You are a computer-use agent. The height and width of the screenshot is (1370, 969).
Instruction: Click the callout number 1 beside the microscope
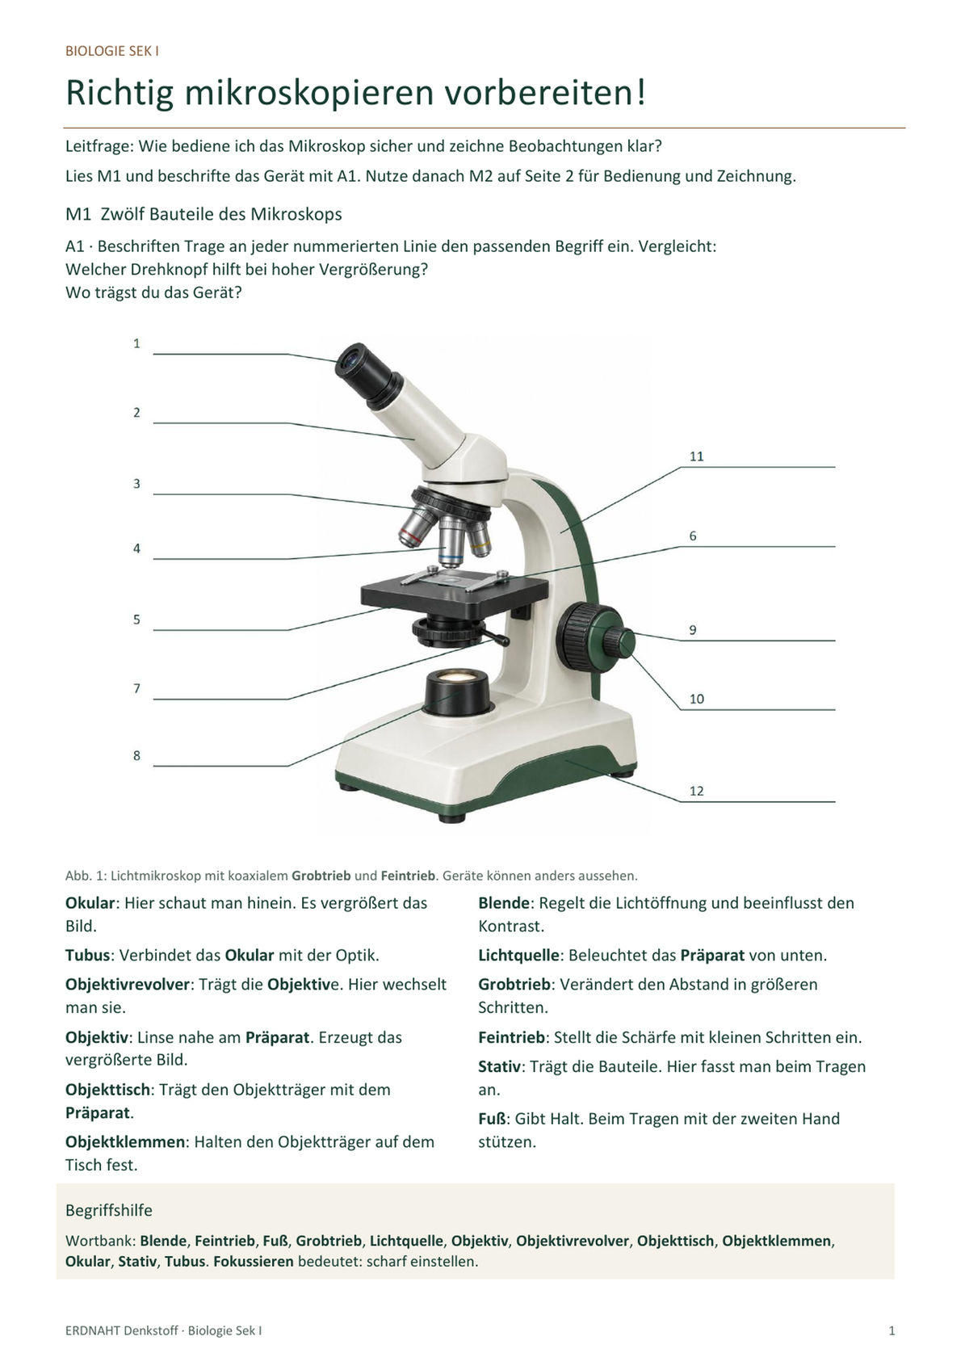pos(137,344)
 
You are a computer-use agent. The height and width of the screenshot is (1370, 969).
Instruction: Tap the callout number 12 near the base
pos(696,791)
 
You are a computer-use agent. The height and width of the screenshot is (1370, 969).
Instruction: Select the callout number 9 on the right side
pos(693,630)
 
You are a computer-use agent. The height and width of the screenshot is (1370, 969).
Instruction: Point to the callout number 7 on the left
pos(137,689)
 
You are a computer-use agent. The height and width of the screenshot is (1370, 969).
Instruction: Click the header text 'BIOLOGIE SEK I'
pos(112,52)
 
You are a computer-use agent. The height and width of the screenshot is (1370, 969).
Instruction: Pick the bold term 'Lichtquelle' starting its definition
pos(518,955)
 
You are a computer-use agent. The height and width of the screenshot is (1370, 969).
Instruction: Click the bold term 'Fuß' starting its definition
pos(493,1119)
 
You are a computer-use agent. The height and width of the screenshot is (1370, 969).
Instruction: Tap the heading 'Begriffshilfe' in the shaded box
pos(109,1210)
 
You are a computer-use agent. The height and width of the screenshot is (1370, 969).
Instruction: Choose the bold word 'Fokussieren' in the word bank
pos(254,1261)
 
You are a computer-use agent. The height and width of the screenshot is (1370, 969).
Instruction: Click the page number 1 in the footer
pos(891,1330)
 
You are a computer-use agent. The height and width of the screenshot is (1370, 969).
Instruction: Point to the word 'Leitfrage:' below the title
pos(99,147)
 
